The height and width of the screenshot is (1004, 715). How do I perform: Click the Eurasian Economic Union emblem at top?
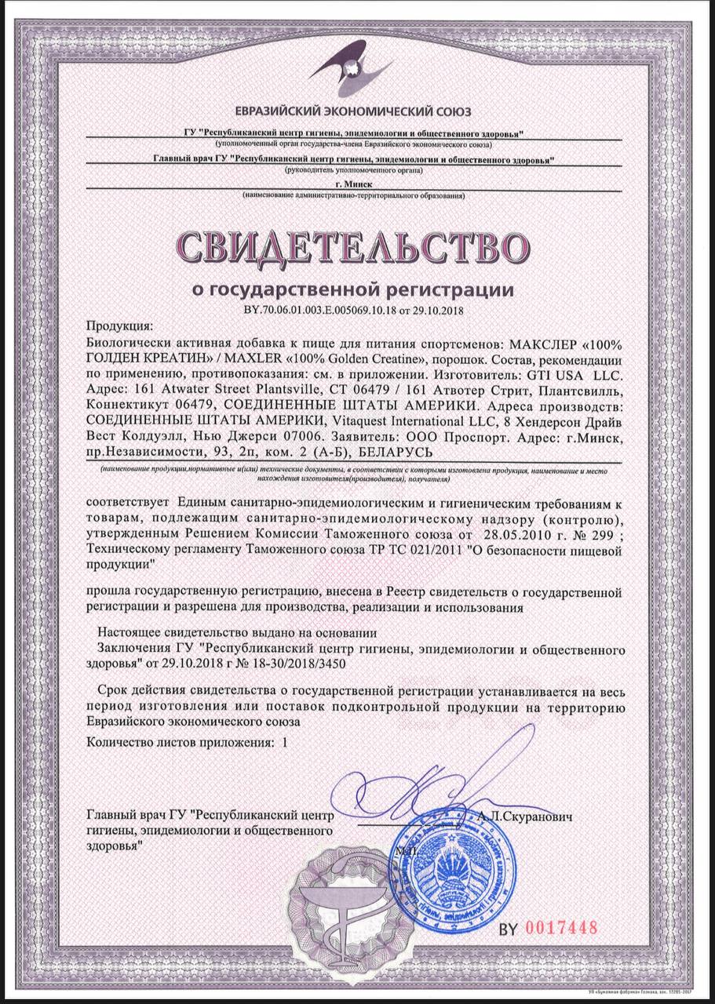click(357, 67)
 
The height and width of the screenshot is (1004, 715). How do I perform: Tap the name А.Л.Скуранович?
click(523, 817)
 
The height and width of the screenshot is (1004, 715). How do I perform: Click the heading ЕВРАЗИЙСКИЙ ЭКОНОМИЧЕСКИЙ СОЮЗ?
click(358, 111)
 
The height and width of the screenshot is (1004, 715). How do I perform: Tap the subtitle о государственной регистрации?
click(353, 289)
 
